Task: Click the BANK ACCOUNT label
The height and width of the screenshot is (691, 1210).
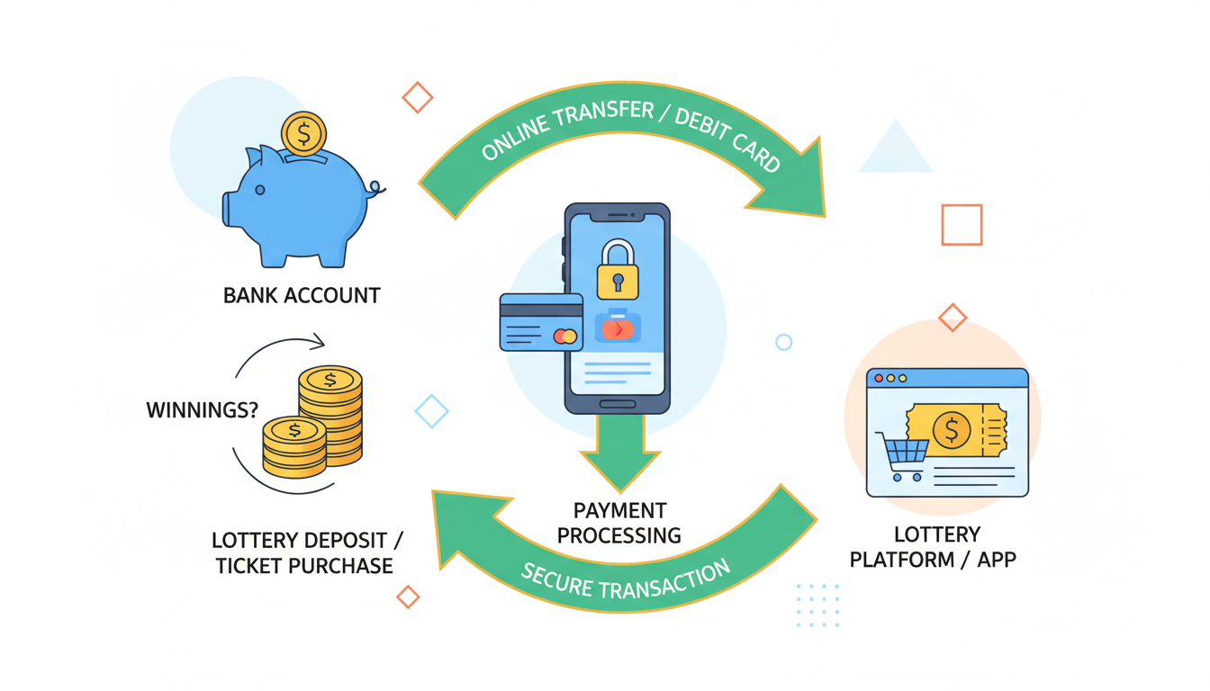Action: point(302,295)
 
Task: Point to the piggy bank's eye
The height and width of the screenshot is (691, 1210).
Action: point(260,190)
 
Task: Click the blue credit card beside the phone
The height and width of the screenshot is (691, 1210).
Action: point(540,321)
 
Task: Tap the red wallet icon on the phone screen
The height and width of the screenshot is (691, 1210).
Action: point(617,328)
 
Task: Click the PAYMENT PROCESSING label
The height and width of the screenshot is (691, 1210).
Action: point(619,523)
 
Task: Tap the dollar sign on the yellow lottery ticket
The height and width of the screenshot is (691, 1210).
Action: point(952,430)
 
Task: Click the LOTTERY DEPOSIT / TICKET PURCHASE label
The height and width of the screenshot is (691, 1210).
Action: point(307,553)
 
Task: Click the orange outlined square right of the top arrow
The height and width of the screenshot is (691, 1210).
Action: point(962,225)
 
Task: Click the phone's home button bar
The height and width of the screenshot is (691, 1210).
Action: point(618,404)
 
